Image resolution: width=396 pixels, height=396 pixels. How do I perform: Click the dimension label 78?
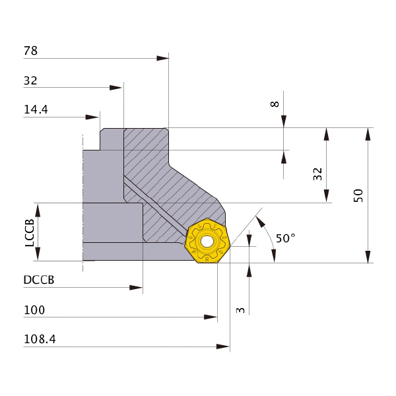(30, 51)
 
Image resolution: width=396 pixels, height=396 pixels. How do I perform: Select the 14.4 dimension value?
(36, 110)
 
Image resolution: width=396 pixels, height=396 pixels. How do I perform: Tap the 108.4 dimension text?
(40, 339)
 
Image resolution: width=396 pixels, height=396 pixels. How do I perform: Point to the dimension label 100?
(34, 310)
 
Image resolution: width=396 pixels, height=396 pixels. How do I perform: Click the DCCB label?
(39, 280)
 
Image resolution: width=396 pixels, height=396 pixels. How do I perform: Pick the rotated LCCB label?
(30, 232)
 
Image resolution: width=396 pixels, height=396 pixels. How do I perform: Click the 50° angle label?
(285, 238)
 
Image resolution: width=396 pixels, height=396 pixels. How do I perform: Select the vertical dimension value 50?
(358, 195)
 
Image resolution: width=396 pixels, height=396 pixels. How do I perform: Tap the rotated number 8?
(275, 104)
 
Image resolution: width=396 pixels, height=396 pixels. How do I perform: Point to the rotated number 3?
(240, 310)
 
